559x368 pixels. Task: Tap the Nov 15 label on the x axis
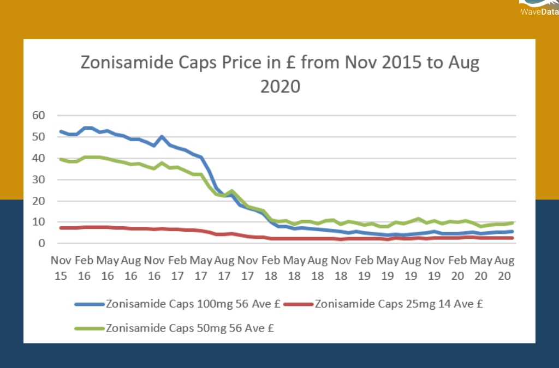(x=61, y=268)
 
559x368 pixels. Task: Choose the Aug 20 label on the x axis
(x=504, y=268)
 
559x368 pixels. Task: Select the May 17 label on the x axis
(x=201, y=268)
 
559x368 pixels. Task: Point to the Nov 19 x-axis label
(x=434, y=268)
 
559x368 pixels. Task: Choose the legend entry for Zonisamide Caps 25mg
(x=399, y=304)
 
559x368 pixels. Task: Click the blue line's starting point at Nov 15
(x=61, y=131)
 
